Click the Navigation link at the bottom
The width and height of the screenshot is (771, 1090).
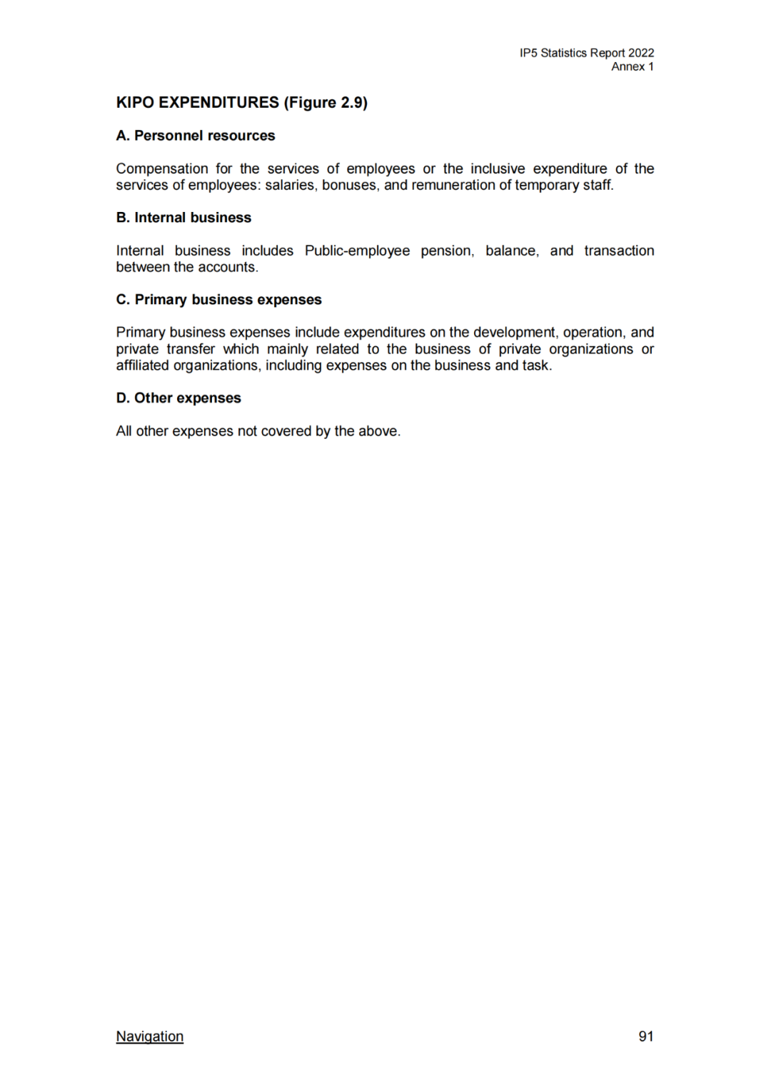coord(149,1036)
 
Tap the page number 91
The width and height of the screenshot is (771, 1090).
coord(645,1036)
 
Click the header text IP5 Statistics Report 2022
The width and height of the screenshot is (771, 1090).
coord(586,53)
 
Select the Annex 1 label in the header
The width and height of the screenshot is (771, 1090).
coord(632,66)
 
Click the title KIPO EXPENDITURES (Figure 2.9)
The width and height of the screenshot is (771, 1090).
coord(241,103)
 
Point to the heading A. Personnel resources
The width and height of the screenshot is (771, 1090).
coord(195,136)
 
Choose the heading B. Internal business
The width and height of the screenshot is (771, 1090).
coord(183,218)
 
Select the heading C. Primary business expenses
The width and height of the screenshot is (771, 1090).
coord(218,300)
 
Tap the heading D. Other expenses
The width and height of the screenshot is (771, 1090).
coord(178,398)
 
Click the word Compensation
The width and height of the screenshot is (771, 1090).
coord(162,169)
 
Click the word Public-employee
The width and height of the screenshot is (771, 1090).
coord(357,251)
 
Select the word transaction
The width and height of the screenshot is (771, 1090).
coord(618,251)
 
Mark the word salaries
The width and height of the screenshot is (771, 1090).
coord(291,186)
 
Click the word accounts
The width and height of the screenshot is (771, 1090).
coord(229,268)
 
